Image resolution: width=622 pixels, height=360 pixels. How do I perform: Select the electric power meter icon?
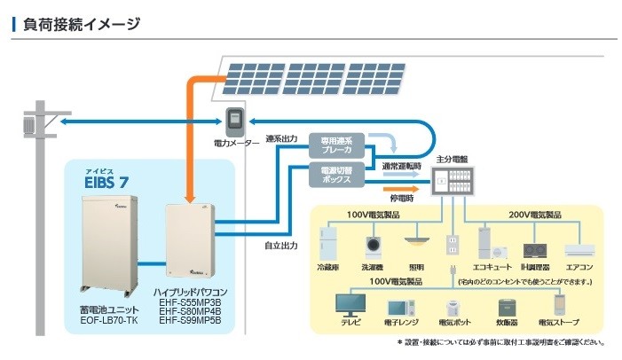236,121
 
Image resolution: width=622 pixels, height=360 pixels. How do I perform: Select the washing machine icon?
373,245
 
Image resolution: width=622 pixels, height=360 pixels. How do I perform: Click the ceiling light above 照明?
416,239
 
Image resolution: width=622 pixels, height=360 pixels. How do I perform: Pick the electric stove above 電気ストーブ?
539,305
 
